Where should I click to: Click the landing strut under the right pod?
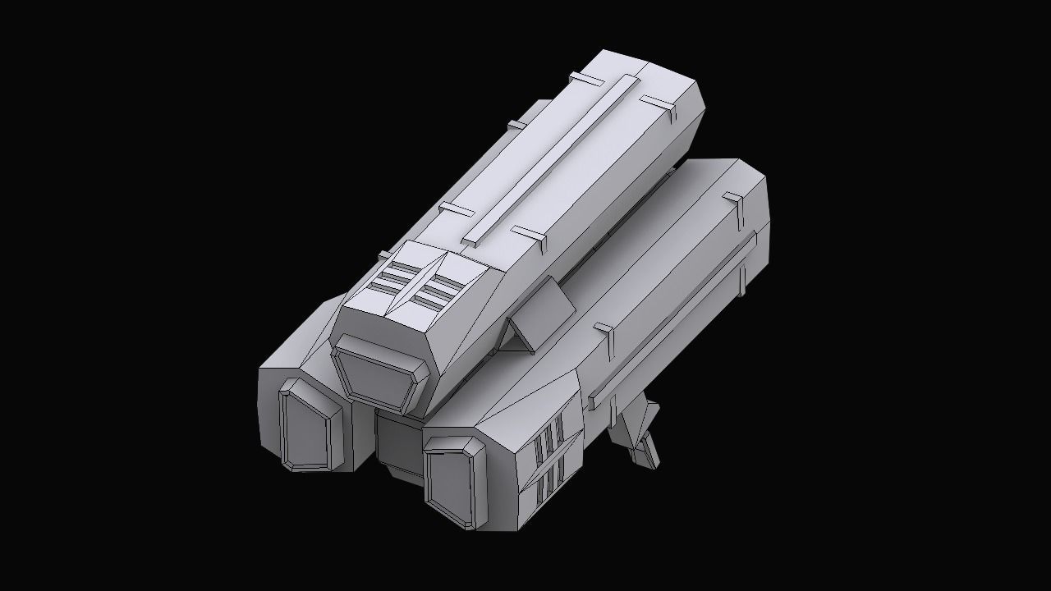point(639,431)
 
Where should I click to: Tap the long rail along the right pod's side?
point(673,320)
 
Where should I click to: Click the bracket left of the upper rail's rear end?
point(586,80)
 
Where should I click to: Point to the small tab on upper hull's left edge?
point(516,125)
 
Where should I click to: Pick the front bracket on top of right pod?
point(606,332)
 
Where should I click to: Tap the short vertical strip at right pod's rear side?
point(743,275)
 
